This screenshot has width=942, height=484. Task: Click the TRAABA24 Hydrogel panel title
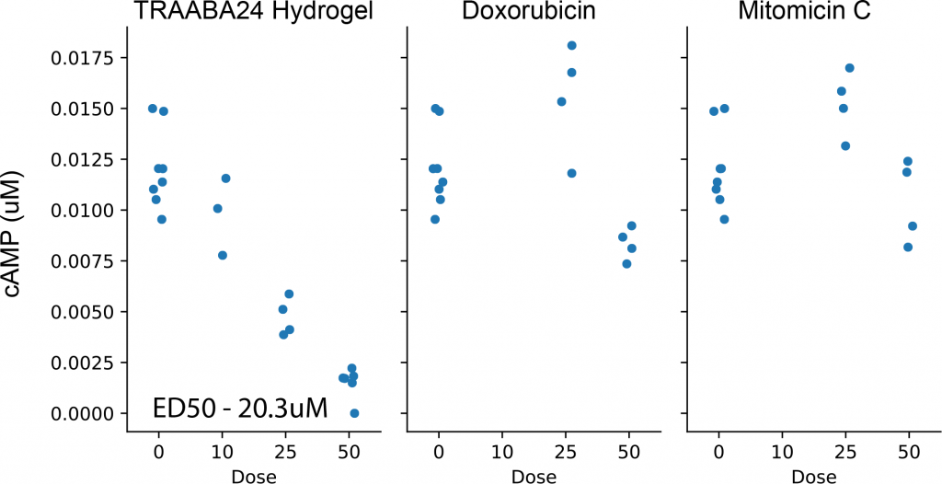[x=255, y=15]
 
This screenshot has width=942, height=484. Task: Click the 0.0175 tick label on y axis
[x=80, y=59]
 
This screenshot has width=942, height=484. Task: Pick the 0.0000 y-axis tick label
[x=80, y=414]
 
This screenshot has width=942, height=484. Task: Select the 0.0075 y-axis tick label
[x=80, y=262]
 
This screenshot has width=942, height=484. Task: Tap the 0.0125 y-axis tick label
[x=80, y=160]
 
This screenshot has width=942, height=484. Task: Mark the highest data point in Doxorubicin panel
[x=571, y=45]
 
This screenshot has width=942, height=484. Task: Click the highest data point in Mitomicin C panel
[x=849, y=68]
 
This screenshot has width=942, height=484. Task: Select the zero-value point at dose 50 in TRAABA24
[x=354, y=413]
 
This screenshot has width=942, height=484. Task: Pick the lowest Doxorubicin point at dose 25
[x=571, y=173]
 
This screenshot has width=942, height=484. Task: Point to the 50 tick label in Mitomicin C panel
[x=910, y=453]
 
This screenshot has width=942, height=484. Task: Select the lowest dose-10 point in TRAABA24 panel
[x=223, y=255]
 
